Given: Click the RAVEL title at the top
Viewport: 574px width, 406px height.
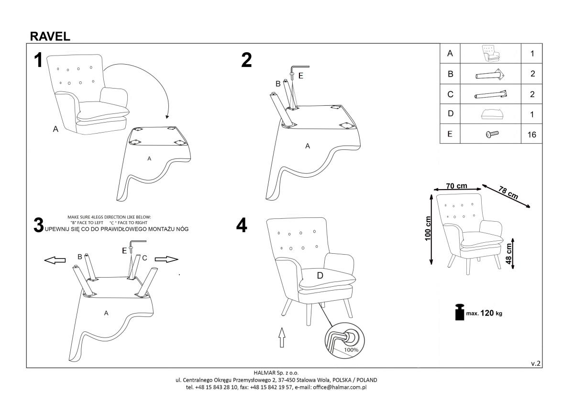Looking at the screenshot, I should [x=50, y=36].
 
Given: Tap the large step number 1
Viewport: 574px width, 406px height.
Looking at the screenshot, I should [x=38, y=61].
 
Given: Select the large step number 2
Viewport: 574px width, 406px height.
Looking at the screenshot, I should [x=246, y=60].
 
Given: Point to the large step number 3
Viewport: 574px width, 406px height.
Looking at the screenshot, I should [x=39, y=225].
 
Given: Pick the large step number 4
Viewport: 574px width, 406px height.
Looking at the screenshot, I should [x=242, y=226].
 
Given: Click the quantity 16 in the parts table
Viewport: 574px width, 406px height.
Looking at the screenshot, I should [x=531, y=135].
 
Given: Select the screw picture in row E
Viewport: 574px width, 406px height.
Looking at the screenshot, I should [x=491, y=134].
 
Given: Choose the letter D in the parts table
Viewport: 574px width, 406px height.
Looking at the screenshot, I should [x=450, y=114].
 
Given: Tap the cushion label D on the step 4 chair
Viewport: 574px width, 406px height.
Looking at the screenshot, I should [x=320, y=275].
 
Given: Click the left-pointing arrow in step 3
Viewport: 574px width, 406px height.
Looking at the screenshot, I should [x=55, y=259].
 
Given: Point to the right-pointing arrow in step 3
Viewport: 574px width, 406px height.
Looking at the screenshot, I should [x=166, y=259].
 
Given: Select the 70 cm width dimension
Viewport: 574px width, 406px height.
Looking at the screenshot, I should [x=456, y=186].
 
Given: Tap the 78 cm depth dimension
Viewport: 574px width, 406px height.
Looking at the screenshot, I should [x=508, y=192].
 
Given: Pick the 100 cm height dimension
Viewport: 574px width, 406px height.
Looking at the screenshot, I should [x=428, y=228].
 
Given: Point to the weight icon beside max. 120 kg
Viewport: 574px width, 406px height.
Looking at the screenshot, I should [x=459, y=312].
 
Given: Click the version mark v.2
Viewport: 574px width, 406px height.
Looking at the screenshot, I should [x=536, y=363].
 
